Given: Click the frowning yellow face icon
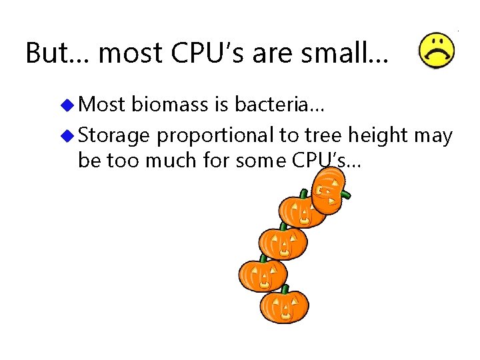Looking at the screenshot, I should coord(437,50).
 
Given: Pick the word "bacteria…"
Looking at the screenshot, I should coord(277,105).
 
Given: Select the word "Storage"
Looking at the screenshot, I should coord(114,136).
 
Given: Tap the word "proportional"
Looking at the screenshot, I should coord(215,136).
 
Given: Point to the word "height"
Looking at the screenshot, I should coord(377,136).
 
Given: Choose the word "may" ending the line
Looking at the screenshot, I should coord(433,136).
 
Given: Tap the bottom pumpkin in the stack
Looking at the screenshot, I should coord(284,307).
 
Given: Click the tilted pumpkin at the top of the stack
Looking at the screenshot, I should coord(329,191).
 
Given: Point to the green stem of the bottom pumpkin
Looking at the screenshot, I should coord(285,289).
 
